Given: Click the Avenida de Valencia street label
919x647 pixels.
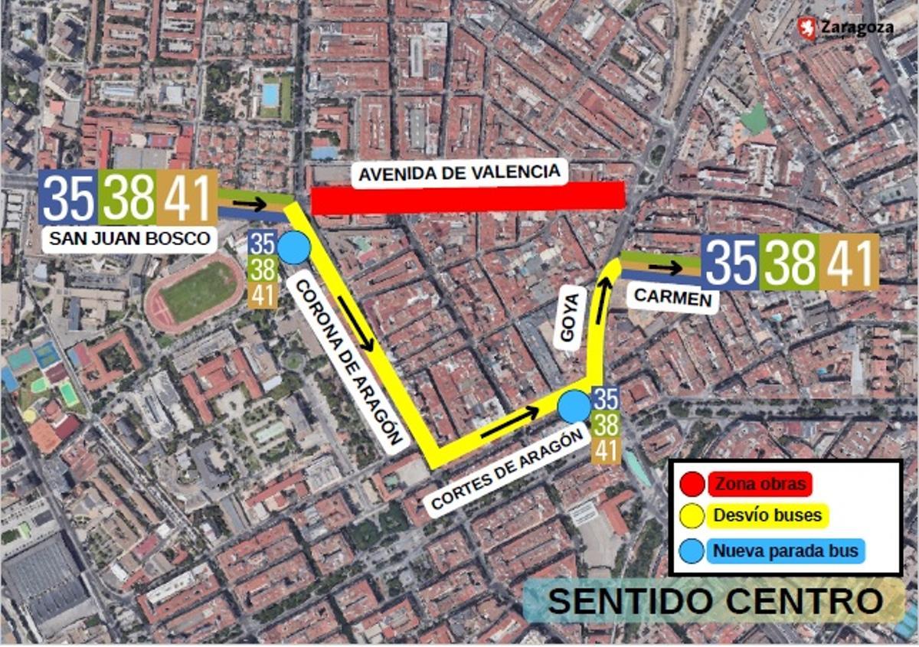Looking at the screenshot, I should [x=459, y=172].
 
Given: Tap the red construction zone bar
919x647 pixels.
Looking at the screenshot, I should [x=469, y=198].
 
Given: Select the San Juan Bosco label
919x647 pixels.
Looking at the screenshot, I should [x=129, y=239].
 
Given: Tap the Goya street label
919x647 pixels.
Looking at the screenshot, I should [x=568, y=319].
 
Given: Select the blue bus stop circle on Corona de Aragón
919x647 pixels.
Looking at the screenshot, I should [x=293, y=249].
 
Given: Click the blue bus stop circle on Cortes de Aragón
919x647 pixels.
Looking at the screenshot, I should [x=574, y=406].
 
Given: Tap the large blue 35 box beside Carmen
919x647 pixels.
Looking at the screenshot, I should [x=731, y=262].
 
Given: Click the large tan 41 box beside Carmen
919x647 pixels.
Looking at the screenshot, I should [x=850, y=262].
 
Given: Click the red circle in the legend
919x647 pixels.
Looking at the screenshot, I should [x=692, y=484].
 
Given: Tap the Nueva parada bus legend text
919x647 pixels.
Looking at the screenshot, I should [x=784, y=551].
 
